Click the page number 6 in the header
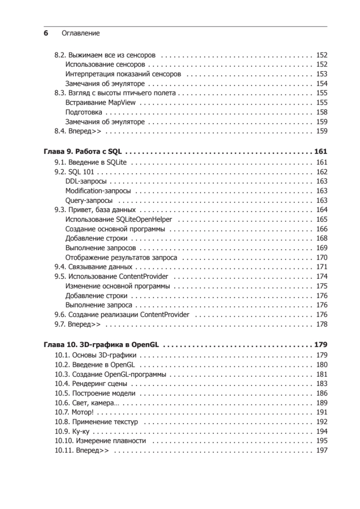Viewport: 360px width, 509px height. (x=46, y=33)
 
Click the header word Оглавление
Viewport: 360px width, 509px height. (x=81, y=33)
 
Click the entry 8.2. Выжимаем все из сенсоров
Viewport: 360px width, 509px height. (x=105, y=55)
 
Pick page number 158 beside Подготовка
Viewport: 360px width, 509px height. (x=322, y=112)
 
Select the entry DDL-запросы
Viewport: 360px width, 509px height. (x=86, y=181)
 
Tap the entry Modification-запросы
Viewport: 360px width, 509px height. (x=98, y=191)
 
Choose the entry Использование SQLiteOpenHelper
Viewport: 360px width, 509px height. (x=122, y=219)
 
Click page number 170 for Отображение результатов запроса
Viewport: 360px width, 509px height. (x=322, y=257)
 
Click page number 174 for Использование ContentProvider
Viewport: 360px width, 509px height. (x=322, y=277)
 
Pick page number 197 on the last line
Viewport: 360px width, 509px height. (x=322, y=450)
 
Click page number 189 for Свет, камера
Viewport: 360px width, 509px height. (x=322, y=403)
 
